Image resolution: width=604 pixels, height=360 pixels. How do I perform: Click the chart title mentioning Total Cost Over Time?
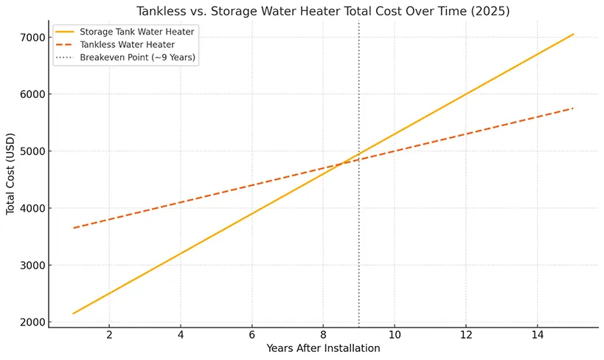[x=323, y=12]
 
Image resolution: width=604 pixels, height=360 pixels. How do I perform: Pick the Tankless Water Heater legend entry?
[x=123, y=46]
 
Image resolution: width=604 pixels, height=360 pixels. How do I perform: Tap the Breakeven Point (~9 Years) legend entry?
[x=138, y=58]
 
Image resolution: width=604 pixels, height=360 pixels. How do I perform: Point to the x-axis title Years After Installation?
[x=323, y=348]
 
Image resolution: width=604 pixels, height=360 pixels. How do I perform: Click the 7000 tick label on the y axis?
[x=32, y=37]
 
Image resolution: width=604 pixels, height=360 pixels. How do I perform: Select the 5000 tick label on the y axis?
[x=32, y=151]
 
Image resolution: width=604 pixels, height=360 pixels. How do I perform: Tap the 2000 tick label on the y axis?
[x=32, y=322]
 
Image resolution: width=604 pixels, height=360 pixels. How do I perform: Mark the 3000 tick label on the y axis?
[x=32, y=266]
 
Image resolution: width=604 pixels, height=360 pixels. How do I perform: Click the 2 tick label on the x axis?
[x=109, y=336]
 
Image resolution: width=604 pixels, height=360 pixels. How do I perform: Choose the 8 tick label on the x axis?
[x=323, y=336]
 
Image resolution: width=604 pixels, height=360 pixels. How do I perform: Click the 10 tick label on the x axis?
[x=395, y=336]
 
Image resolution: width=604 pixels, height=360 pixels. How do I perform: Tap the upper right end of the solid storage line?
[x=573, y=34]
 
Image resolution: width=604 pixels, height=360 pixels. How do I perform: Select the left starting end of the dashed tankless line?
[x=74, y=228]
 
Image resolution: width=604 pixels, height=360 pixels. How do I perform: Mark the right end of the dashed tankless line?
[x=573, y=108]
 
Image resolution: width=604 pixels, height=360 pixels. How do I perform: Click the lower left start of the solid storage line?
[x=74, y=314]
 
